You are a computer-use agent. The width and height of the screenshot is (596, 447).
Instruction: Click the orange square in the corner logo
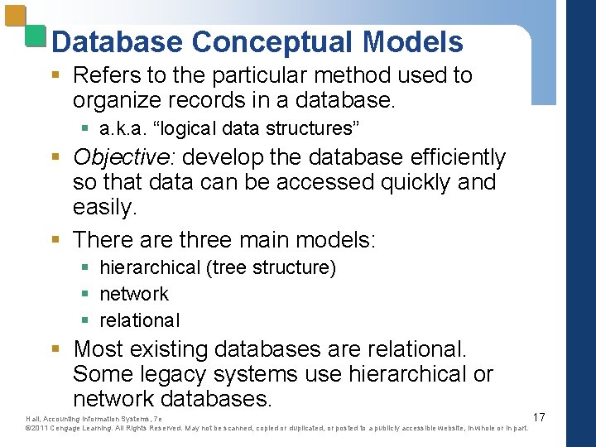tap(16, 18)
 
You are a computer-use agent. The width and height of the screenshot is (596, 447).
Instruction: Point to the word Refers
tap(106, 75)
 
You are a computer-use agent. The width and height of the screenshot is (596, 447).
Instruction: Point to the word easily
tap(104, 208)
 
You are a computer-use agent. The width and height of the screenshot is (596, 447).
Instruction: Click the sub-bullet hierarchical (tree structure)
tap(217, 267)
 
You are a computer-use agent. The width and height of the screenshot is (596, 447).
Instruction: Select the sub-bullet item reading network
tap(133, 294)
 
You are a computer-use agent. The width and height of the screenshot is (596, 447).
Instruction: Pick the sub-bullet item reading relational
tap(139, 320)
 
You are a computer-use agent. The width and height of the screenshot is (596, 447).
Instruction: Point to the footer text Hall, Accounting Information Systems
tap(83, 419)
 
